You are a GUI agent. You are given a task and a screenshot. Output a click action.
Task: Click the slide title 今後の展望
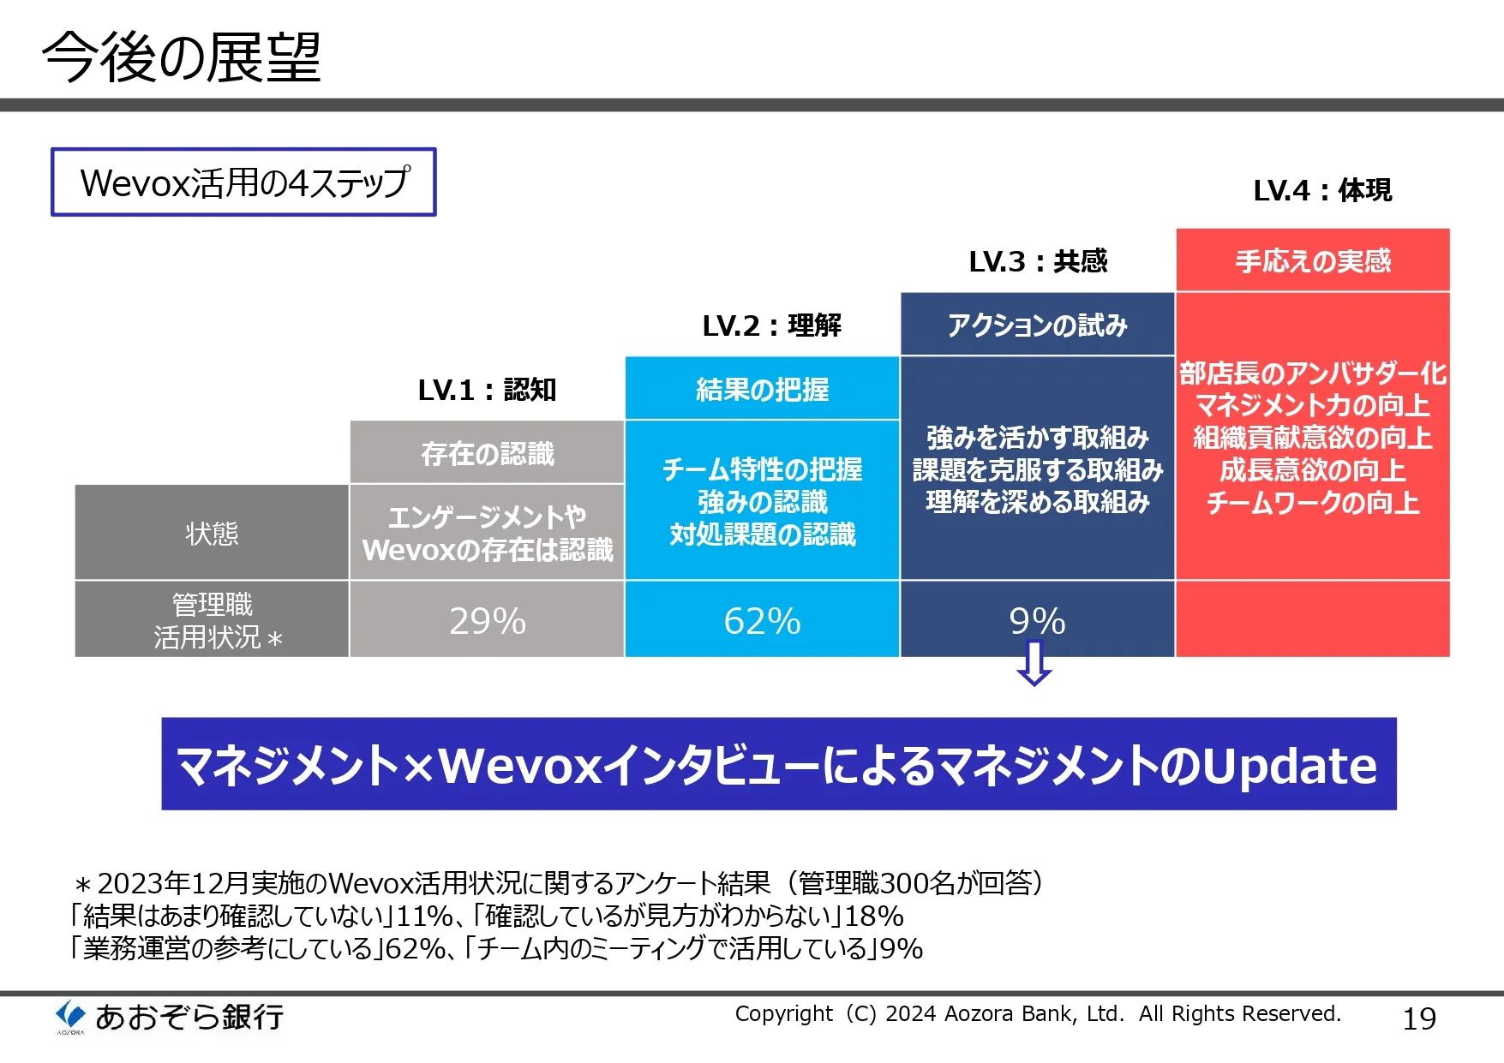182,57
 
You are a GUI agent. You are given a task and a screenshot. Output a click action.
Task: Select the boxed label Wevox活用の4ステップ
243,182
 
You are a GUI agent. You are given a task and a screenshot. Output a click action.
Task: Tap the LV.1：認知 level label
487,390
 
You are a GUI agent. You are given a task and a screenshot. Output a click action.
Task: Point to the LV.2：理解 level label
771,325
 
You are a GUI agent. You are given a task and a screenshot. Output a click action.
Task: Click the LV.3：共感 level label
1038,261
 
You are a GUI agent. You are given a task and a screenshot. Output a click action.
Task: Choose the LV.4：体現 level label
1322,190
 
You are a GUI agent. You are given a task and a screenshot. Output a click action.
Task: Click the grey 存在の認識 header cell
487,452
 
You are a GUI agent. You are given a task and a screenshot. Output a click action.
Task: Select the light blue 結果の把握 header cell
762,389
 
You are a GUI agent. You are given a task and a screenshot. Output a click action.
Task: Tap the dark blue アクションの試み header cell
1037,325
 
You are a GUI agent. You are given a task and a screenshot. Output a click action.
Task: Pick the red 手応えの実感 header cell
1313,260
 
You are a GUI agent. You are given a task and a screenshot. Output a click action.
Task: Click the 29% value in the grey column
488,621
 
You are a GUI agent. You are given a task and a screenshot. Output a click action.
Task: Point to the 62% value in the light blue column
762,621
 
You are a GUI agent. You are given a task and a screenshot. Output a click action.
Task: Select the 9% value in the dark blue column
1037,621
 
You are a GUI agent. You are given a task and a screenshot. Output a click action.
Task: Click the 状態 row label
212,534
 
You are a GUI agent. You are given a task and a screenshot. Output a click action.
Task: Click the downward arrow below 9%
1034,664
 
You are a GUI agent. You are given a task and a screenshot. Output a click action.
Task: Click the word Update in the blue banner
1290,765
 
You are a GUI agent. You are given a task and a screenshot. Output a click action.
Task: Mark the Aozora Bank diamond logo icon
70,1016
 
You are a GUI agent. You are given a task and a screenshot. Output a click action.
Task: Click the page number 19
1419,1018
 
